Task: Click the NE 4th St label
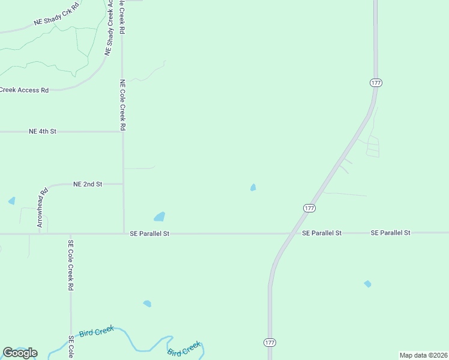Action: pos(42,131)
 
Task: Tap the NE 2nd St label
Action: pos(88,184)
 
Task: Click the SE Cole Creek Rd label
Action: pos(70,265)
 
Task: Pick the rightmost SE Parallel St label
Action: pos(390,232)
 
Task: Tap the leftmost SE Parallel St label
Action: pos(150,233)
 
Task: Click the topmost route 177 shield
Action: pos(376,83)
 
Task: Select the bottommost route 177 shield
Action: pos(270,342)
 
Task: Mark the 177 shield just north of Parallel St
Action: pos(309,208)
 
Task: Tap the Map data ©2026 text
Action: pos(423,355)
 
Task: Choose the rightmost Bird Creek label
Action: pos(184,348)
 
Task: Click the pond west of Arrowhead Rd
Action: pos(11,201)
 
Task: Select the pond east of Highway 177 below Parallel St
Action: pos(367,284)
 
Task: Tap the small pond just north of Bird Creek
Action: pos(147,304)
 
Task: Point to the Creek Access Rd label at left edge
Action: pos(24,90)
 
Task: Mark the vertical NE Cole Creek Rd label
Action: pos(122,105)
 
